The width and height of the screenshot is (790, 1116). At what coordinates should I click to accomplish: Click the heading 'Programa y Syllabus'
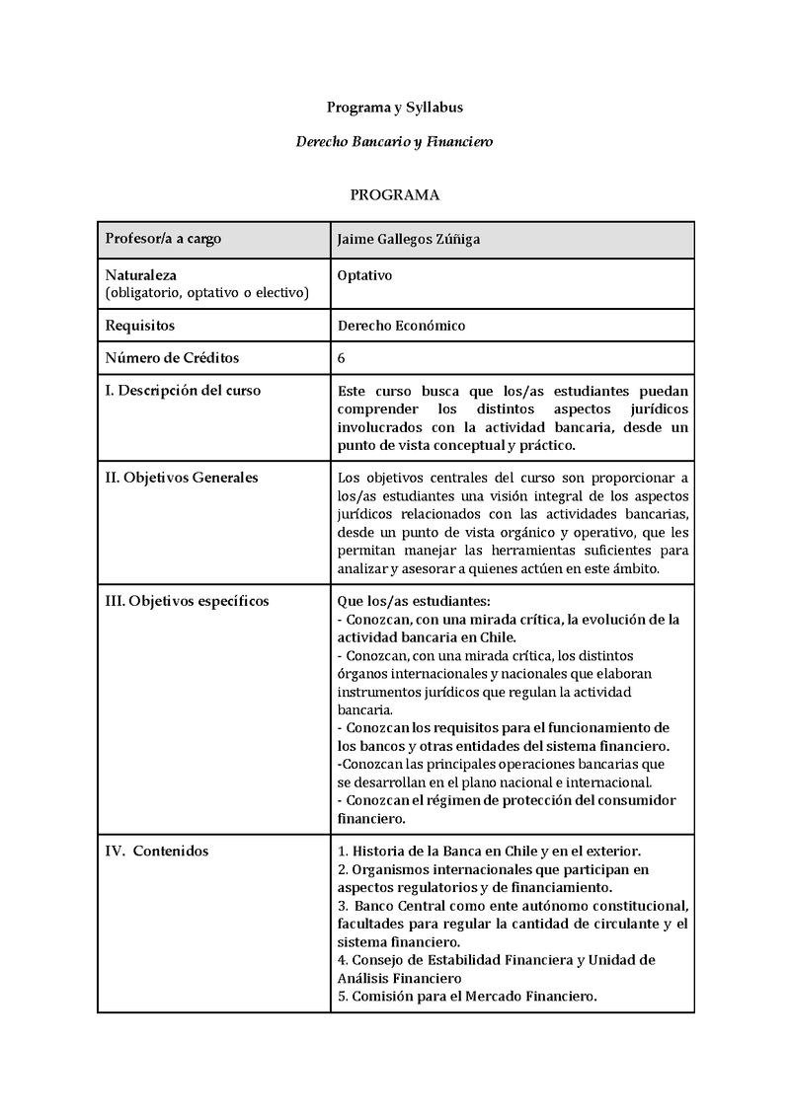(395, 107)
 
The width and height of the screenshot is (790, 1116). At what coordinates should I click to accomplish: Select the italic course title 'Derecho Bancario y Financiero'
(395, 142)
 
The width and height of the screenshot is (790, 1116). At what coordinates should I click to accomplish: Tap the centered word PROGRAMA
(395, 195)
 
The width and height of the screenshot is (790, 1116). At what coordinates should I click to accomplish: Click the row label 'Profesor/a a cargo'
(163, 239)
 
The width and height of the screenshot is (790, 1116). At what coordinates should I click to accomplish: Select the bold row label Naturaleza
(141, 275)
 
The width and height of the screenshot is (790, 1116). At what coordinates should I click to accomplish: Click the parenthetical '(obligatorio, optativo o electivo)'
(206, 292)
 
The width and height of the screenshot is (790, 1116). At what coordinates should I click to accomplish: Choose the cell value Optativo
(364, 275)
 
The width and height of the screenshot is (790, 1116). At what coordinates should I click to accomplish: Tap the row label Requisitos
(139, 325)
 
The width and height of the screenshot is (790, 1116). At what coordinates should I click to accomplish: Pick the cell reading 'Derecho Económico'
(401, 325)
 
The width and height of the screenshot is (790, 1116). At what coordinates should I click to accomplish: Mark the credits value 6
(342, 357)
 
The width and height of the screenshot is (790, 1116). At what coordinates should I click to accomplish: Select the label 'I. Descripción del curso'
(183, 390)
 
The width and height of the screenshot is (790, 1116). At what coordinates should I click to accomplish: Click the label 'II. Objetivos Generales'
(182, 478)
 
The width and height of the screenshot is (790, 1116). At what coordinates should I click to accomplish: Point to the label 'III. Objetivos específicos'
(187, 601)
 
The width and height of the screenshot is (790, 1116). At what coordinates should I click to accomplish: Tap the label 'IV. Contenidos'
(157, 851)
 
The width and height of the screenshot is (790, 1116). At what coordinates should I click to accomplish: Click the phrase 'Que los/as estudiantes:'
(414, 601)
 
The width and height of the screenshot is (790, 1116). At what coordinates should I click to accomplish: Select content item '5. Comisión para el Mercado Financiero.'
(467, 996)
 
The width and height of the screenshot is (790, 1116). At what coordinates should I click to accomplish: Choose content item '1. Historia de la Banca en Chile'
(444, 851)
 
